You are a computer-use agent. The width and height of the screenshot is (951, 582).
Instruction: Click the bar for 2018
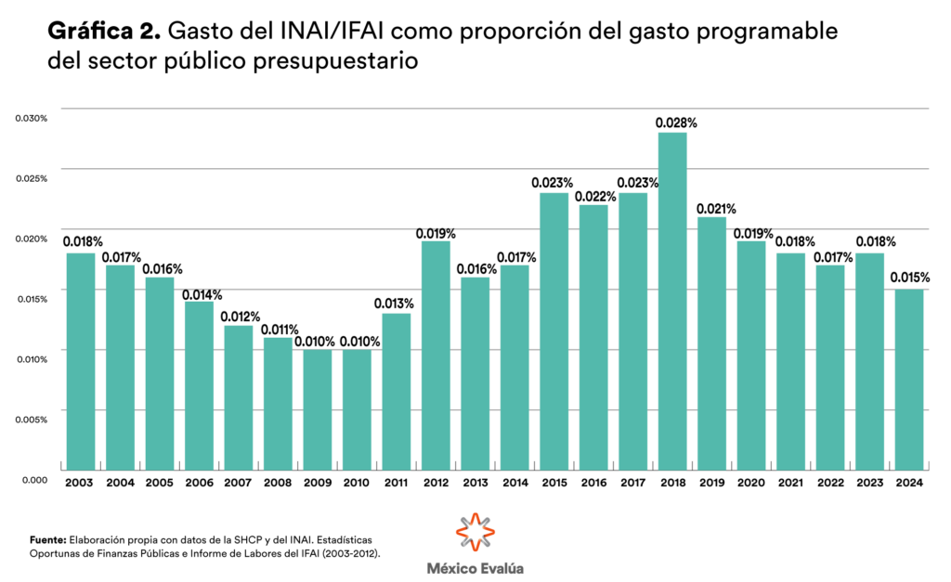click(x=672, y=301)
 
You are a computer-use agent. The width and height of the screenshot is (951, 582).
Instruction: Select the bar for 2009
click(x=317, y=409)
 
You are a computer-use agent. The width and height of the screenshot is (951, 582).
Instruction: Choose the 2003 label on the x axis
click(x=80, y=482)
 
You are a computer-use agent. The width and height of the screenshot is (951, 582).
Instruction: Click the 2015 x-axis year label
click(x=554, y=482)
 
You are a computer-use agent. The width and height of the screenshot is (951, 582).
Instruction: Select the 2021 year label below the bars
click(x=790, y=482)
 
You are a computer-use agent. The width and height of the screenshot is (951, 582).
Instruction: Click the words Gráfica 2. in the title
click(x=104, y=33)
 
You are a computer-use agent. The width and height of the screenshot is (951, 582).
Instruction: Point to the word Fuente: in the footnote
click(x=47, y=538)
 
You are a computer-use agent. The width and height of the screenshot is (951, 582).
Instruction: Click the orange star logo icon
click(x=475, y=533)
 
